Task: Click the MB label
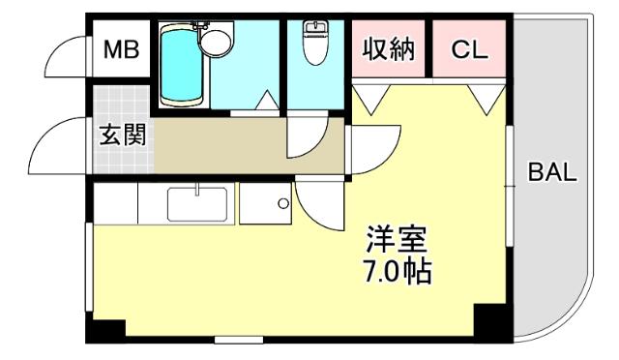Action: coord(121,48)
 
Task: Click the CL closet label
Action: coord(469,48)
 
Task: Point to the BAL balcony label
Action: coord(552,175)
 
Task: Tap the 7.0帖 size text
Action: coord(397,270)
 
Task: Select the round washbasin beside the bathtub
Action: coord(215,40)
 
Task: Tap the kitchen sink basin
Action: coord(197,204)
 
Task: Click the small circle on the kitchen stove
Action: coord(282,203)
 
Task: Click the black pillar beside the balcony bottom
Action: coord(490,321)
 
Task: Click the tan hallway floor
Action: coord(222,145)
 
